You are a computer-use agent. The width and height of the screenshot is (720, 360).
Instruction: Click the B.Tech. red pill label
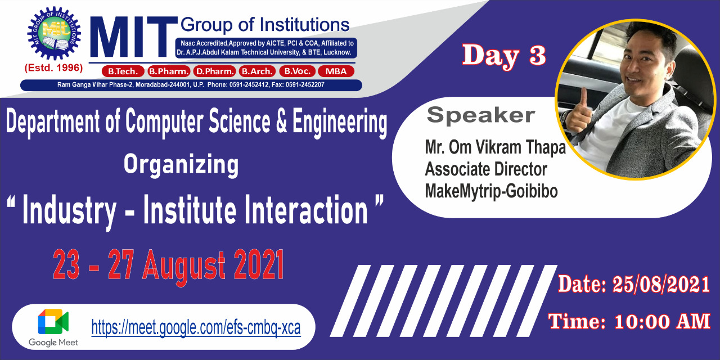tap(123, 71)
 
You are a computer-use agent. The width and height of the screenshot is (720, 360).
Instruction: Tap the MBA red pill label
tap(336, 71)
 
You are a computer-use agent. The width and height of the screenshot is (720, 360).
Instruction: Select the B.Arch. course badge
tap(257, 71)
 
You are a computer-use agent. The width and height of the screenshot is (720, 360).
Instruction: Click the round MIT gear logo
tap(54, 33)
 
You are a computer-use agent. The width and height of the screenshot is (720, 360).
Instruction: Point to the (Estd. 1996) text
tap(53, 68)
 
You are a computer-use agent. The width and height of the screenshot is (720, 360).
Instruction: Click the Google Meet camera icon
tap(53, 322)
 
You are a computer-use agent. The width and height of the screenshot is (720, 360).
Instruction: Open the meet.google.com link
tap(196, 328)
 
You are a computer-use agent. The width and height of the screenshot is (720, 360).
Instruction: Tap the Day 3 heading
tap(503, 56)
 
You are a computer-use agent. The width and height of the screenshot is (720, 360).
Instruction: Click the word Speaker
tap(481, 115)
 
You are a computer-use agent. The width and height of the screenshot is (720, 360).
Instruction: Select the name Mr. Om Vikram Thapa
tap(496, 148)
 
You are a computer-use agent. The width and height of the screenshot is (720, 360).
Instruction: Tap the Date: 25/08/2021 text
tap(634, 284)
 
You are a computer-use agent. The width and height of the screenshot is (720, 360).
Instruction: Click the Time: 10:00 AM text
tap(629, 321)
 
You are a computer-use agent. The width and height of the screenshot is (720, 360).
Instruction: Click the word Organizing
tap(181, 165)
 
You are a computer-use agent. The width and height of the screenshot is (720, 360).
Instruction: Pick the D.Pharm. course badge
tap(215, 71)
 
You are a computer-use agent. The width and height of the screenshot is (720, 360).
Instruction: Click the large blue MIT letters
tap(134, 37)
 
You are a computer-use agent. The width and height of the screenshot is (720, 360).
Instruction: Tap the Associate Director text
tap(486, 169)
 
